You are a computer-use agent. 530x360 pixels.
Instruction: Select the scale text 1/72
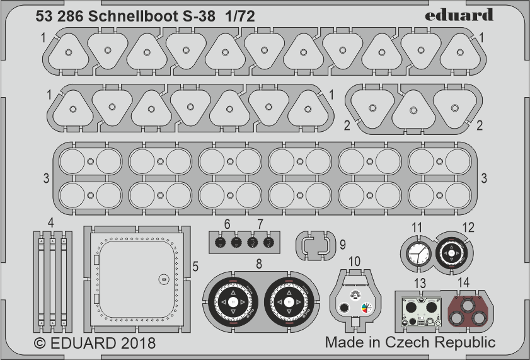238,17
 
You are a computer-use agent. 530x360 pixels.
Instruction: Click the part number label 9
342,243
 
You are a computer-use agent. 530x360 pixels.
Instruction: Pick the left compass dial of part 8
233,303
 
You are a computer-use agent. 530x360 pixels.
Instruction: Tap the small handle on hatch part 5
163,278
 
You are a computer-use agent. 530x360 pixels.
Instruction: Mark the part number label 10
354,260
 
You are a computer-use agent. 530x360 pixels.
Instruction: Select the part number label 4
50,222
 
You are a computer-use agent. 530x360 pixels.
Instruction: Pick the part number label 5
195,267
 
